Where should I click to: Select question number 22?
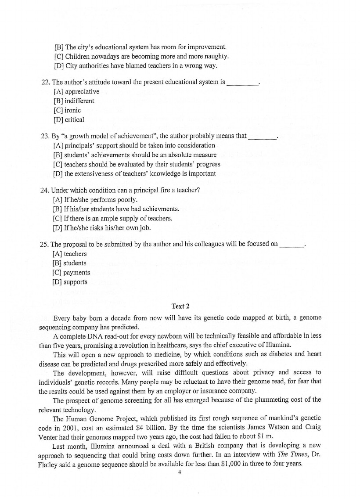[x=44, y=82]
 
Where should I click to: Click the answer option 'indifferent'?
[x=79, y=101]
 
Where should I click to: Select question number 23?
[x=44, y=136]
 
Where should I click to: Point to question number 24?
[x=44, y=191]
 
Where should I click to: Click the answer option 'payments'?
[x=77, y=273]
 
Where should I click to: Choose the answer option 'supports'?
[x=76, y=282]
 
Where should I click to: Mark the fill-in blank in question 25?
[x=292, y=244]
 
